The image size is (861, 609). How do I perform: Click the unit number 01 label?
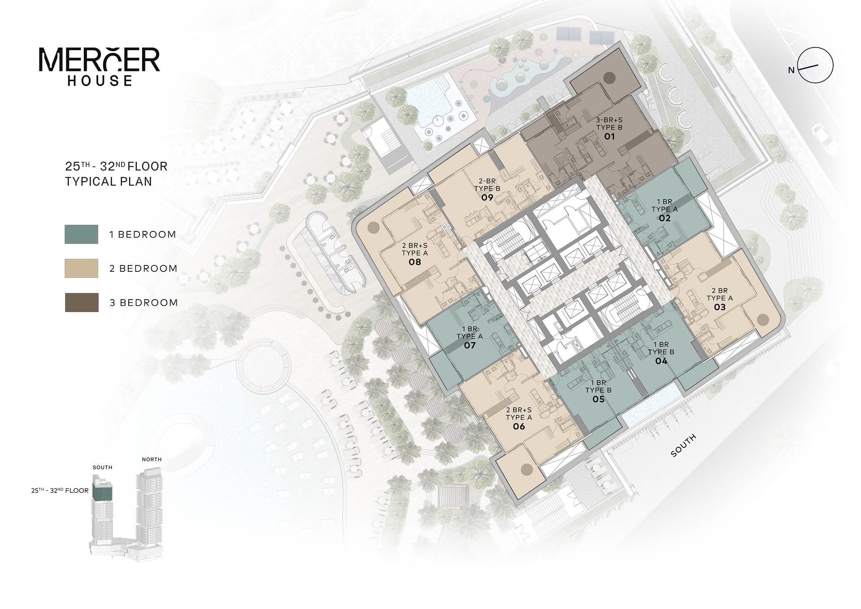click(x=609, y=136)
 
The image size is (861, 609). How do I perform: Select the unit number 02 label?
click(x=665, y=218)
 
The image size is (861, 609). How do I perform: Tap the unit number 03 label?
click(x=720, y=307)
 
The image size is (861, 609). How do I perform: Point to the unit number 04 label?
click(x=661, y=361)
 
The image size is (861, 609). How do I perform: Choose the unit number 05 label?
click(x=599, y=399)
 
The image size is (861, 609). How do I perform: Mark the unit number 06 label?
click(x=519, y=426)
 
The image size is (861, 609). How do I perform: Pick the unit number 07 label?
click(x=470, y=345)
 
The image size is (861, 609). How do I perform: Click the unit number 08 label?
click(x=415, y=262)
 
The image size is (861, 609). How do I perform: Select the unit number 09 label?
click(x=487, y=197)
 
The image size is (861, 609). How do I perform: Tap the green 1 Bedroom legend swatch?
click(x=81, y=234)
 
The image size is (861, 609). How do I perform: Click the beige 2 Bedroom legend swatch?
click(x=81, y=268)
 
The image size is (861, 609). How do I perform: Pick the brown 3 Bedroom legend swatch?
click(x=82, y=302)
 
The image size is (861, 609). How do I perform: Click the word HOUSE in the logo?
click(x=100, y=81)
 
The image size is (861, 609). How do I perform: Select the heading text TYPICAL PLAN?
click(x=109, y=181)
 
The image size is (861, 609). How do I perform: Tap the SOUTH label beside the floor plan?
click(x=683, y=445)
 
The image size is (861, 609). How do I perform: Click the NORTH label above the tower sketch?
click(x=152, y=459)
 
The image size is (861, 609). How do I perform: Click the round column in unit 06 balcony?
click(x=526, y=470)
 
